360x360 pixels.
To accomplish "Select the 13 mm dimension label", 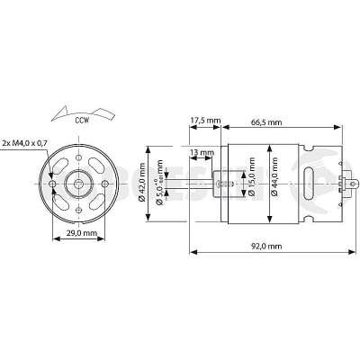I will (x=202, y=151).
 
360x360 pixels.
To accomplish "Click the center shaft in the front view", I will (x=80, y=183).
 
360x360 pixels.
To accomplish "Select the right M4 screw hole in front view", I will (x=106, y=183).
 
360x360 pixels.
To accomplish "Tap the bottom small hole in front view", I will (x=80, y=209).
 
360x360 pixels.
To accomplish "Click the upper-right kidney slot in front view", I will (x=95, y=166).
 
